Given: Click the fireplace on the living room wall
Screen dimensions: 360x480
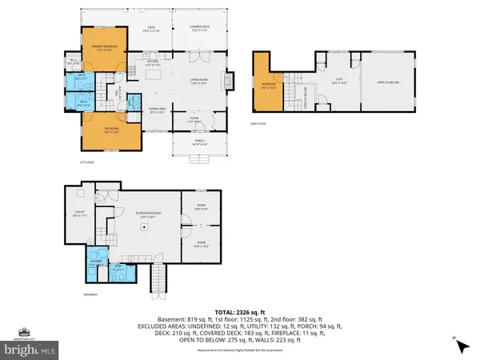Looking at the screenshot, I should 230,81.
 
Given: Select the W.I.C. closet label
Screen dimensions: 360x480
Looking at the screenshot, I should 73,61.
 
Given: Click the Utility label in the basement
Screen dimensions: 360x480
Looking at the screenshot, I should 77,214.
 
